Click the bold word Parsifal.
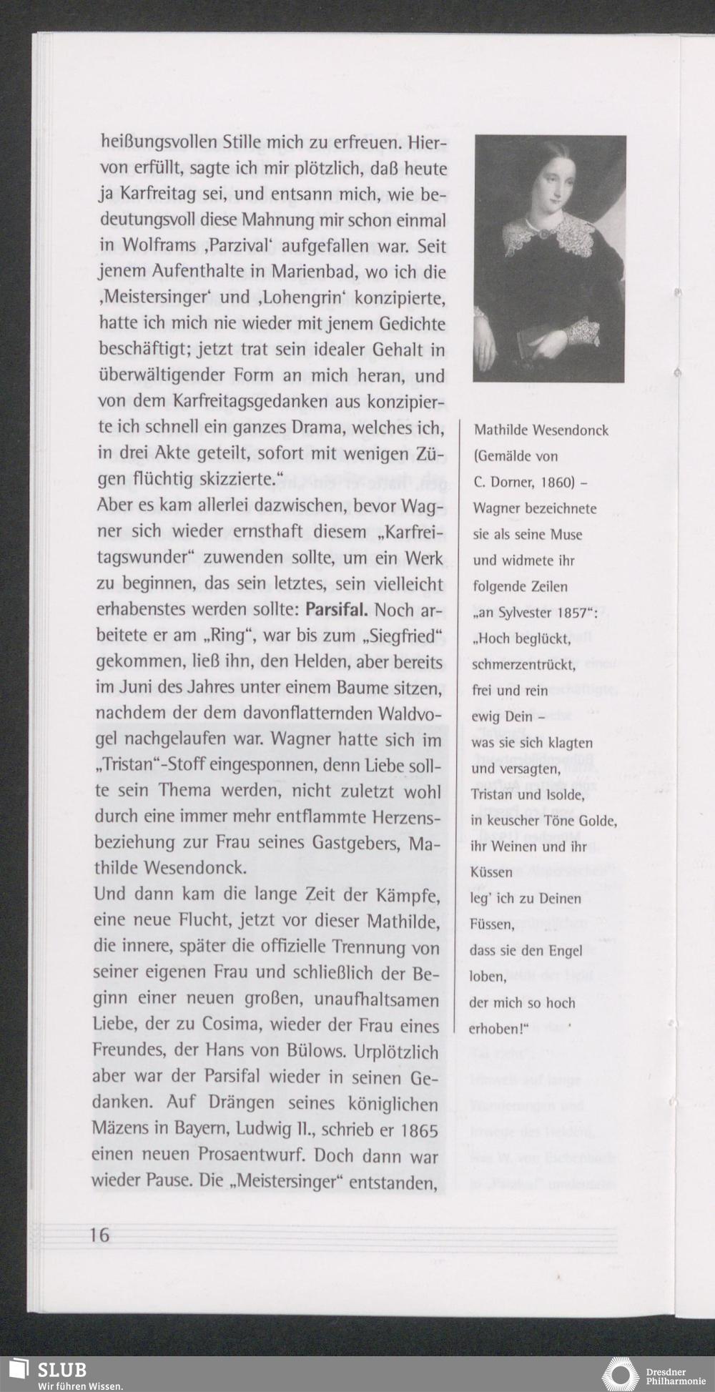(x=336, y=610)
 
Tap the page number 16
(x=100, y=1235)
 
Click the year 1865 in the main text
(x=419, y=1130)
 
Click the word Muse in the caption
(x=566, y=534)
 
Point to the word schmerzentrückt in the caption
(x=523, y=664)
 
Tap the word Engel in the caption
(x=566, y=950)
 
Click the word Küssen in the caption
(x=491, y=872)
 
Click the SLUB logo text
(x=62, y=1369)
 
